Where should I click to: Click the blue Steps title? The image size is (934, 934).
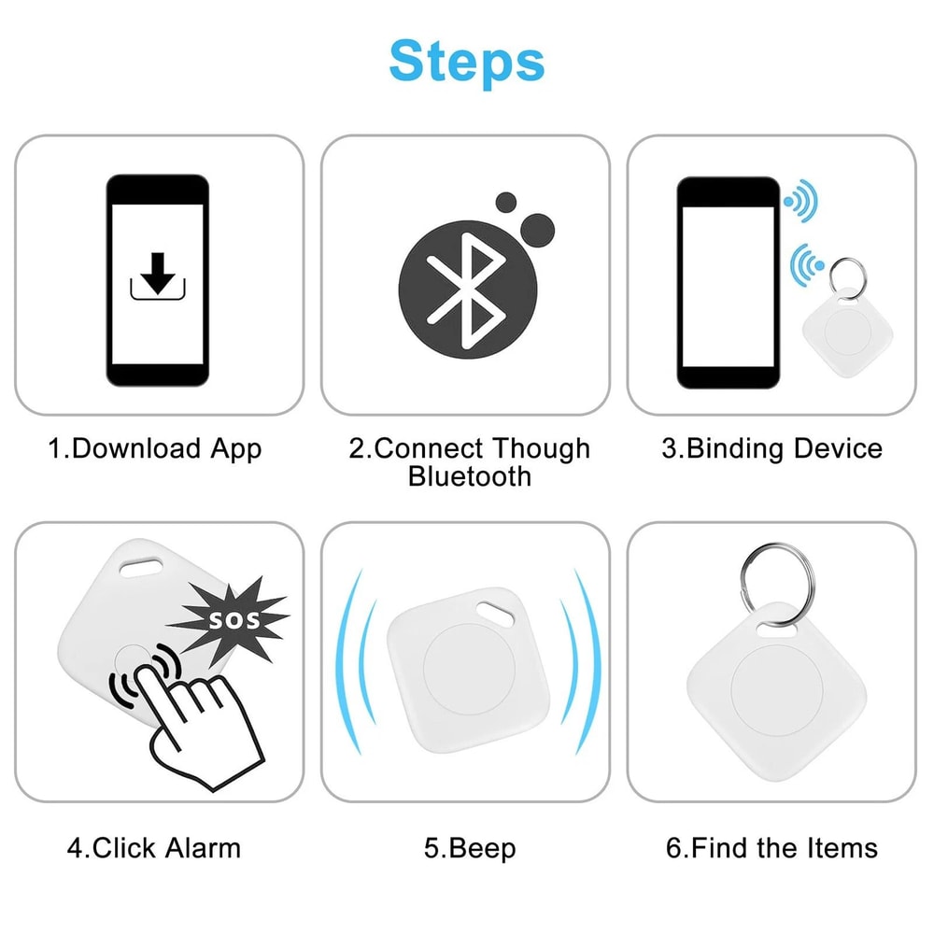(x=466, y=61)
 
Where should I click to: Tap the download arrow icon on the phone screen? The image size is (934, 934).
(x=156, y=275)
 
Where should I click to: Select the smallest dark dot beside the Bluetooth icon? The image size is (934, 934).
(x=505, y=203)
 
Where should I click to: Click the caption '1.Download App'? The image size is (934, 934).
(x=155, y=448)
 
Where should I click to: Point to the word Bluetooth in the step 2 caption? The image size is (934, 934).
(x=469, y=476)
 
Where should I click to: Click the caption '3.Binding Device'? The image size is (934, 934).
(x=771, y=448)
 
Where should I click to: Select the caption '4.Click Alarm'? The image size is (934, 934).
(x=154, y=848)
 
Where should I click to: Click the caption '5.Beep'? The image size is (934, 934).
(x=469, y=848)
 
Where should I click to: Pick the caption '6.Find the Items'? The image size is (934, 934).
(x=771, y=848)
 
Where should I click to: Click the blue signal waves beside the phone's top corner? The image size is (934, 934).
(x=800, y=201)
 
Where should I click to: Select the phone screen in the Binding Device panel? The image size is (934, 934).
(x=727, y=286)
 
